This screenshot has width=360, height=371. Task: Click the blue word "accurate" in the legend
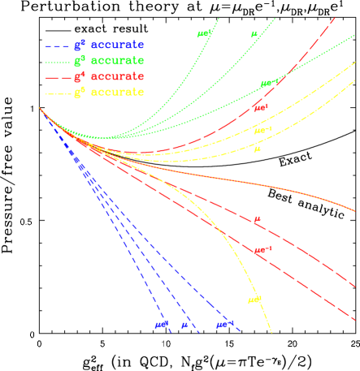click(117, 45)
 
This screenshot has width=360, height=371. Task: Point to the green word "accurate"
click(117, 61)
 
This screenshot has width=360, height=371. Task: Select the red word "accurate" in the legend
click(117, 76)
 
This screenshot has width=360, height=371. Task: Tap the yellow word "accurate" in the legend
click(117, 93)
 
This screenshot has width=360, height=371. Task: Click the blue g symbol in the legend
click(79, 45)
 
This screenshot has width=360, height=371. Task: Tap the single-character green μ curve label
click(254, 35)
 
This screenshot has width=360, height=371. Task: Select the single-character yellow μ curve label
click(258, 149)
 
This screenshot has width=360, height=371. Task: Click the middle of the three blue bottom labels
click(185, 326)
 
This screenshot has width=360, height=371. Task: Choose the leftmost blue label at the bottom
click(162, 326)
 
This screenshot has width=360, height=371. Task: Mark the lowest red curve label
click(262, 250)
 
